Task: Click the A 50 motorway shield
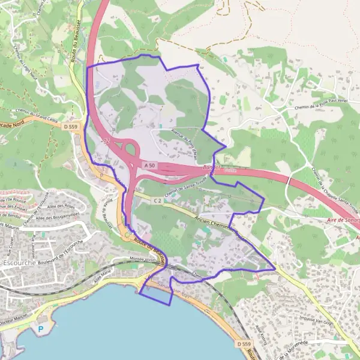point(149,164)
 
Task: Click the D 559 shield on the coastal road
point(242,343)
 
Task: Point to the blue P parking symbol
point(41,329)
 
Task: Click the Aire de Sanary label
point(336,220)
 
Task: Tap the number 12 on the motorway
point(106,141)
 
